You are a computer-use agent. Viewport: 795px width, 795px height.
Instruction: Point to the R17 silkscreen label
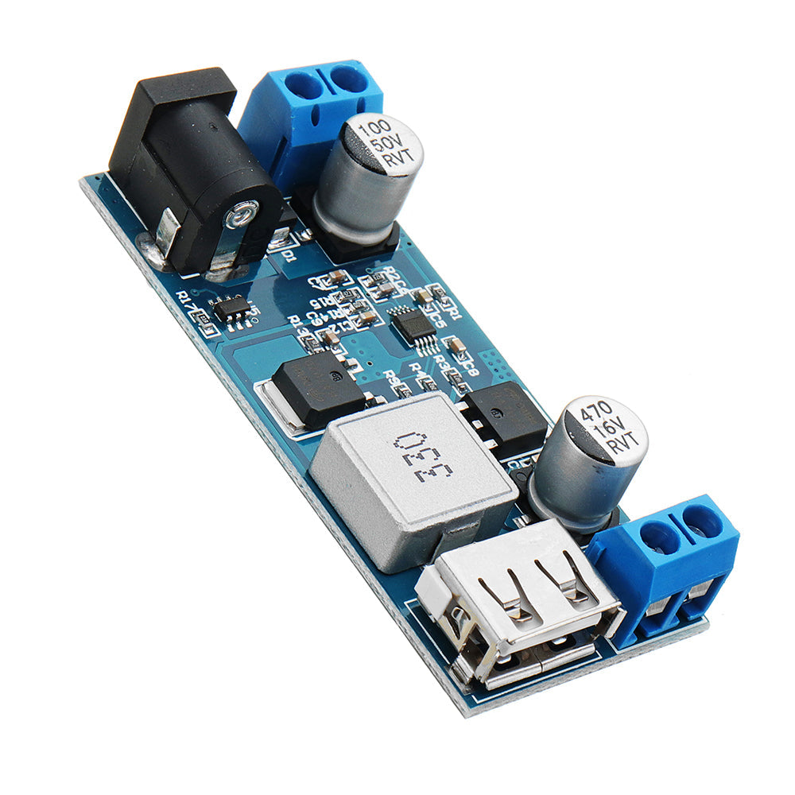pyautogui.click(x=188, y=303)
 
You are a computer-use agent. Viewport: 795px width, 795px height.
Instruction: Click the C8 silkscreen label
pyautogui.click(x=469, y=366)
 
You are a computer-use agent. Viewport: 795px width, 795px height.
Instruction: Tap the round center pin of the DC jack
pyautogui.click(x=241, y=214)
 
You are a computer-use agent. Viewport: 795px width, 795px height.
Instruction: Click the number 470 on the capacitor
pyautogui.click(x=592, y=414)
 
